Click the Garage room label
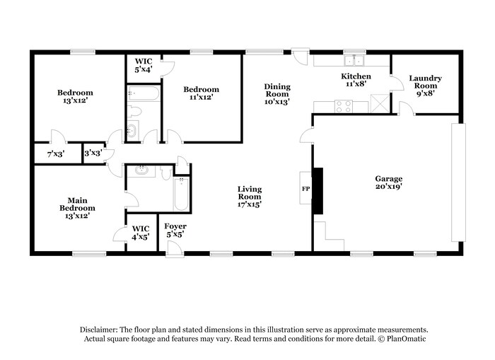(388, 183)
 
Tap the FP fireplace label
(305, 190)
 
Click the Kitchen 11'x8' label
(356, 80)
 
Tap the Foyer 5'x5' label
(175, 230)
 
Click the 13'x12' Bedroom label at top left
(75, 96)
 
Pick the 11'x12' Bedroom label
(201, 93)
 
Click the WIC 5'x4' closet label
(144, 65)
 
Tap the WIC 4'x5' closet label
(140, 233)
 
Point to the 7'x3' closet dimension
(55, 153)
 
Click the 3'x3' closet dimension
(93, 153)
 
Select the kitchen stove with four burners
(343, 106)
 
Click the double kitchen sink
(353, 60)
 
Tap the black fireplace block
(318, 190)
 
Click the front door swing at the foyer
(174, 247)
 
